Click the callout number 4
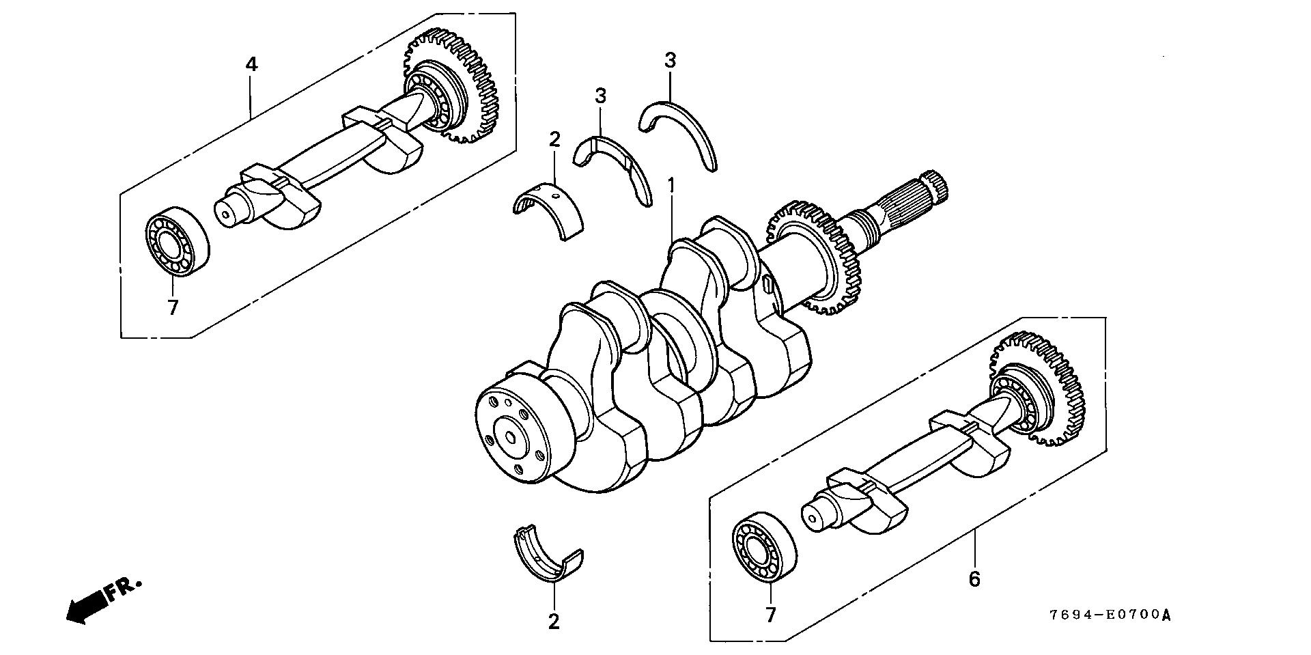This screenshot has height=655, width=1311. [251, 65]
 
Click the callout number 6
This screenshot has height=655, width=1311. [974, 579]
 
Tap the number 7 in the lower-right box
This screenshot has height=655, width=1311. [771, 615]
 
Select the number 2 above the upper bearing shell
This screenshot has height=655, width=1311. [554, 140]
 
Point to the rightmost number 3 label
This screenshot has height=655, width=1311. [670, 61]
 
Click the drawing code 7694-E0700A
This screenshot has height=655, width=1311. [1110, 615]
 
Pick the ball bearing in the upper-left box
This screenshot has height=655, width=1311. [177, 241]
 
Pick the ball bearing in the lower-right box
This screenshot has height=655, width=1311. [763, 551]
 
